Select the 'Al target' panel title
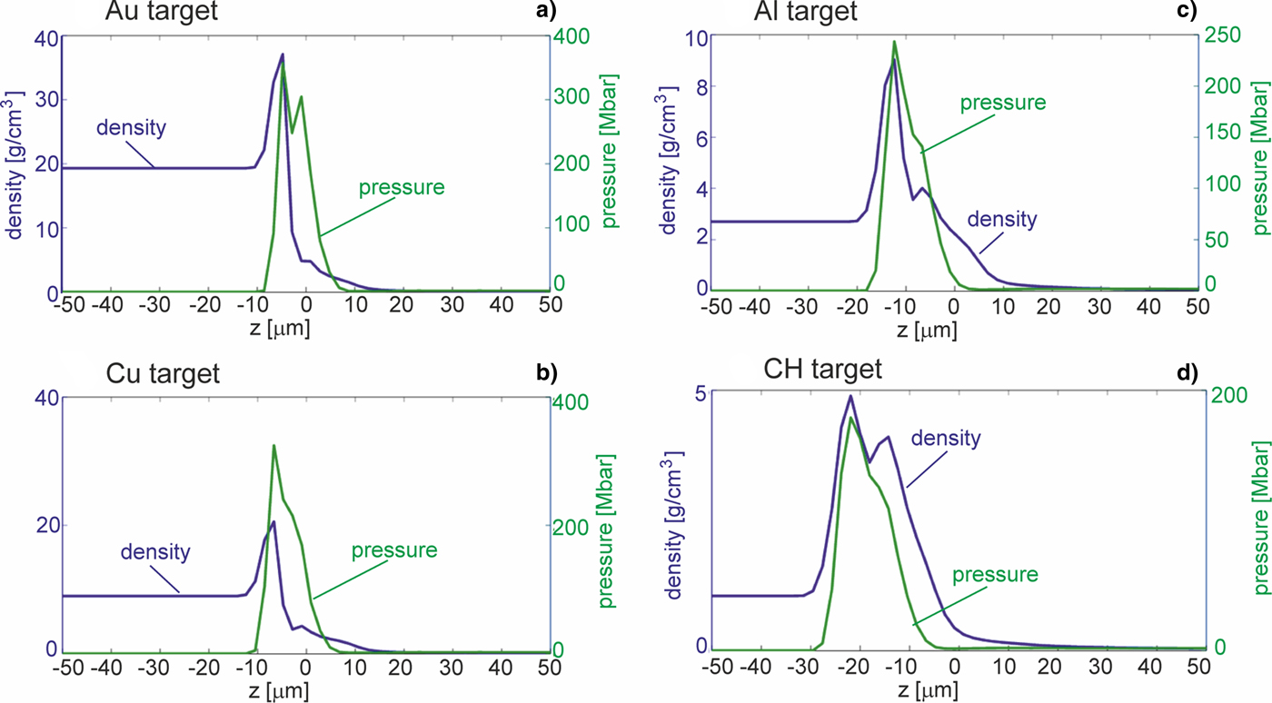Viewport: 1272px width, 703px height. point(807,12)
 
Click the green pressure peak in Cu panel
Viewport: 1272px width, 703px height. point(273,445)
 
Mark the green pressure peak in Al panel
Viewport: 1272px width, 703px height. point(894,41)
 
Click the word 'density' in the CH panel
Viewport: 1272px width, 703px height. point(947,439)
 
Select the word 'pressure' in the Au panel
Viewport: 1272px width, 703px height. point(402,188)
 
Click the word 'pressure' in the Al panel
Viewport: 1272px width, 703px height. point(1004,102)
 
